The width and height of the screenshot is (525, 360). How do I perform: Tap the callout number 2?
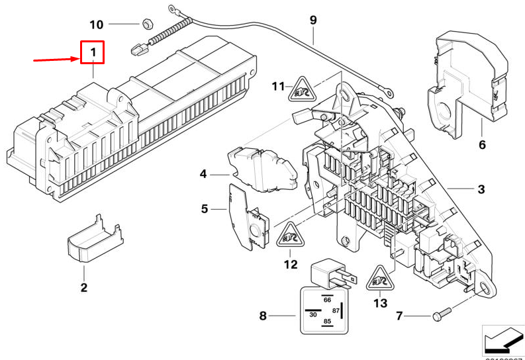point(84,287)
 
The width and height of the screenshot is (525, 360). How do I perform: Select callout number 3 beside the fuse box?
point(481,190)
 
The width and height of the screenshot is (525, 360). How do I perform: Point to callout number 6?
point(481,144)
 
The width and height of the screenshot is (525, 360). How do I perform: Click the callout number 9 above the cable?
point(313,21)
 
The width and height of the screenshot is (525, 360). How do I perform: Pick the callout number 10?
point(96,24)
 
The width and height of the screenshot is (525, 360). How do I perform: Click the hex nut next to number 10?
point(145,24)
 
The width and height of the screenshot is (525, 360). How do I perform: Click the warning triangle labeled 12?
point(289,236)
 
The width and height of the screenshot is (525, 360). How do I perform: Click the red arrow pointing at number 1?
point(56,60)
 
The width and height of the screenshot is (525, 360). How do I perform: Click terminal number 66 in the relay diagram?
point(326,299)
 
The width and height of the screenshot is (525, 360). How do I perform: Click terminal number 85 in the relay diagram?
point(326,322)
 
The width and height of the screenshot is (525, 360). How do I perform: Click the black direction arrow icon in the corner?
point(502,340)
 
